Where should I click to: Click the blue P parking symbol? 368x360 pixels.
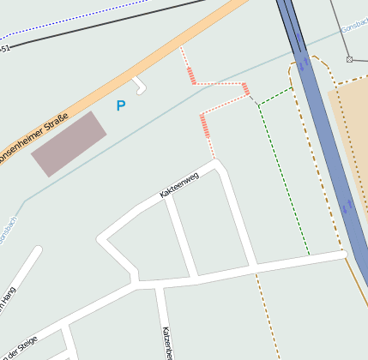pyautogui.click(x=120, y=105)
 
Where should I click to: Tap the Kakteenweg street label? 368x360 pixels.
pyautogui.click(x=178, y=185)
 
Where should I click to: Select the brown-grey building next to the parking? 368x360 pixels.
pyautogui.click(x=69, y=143)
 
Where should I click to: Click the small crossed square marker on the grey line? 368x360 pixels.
pyautogui.click(x=349, y=59)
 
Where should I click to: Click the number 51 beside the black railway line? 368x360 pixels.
pyautogui.click(x=5, y=49)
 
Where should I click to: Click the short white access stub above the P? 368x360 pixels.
pyautogui.click(x=139, y=85)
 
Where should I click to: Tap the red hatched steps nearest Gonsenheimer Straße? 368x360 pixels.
pyautogui.click(x=191, y=75)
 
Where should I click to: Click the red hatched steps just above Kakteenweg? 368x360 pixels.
pyautogui.click(x=204, y=126)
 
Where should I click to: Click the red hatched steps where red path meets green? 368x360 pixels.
pyautogui.click(x=246, y=89)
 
